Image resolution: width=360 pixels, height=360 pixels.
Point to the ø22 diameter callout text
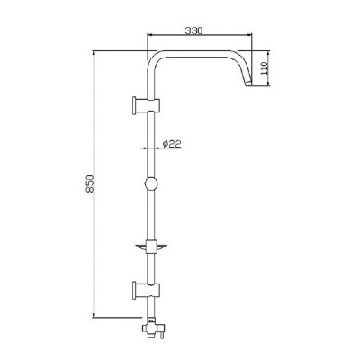(173, 143)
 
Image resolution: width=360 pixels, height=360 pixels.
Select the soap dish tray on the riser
(150, 244)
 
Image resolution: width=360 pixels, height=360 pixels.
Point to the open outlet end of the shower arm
(247, 88)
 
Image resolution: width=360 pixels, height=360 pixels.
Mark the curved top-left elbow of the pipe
(156, 58)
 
